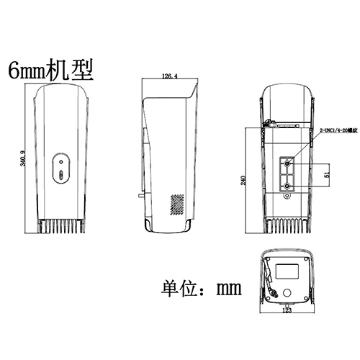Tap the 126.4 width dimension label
coord(169,74)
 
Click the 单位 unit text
coord(178,289)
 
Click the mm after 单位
coord(228,289)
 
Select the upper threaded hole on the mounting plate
coord(288,164)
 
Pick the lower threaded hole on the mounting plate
coord(288,186)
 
